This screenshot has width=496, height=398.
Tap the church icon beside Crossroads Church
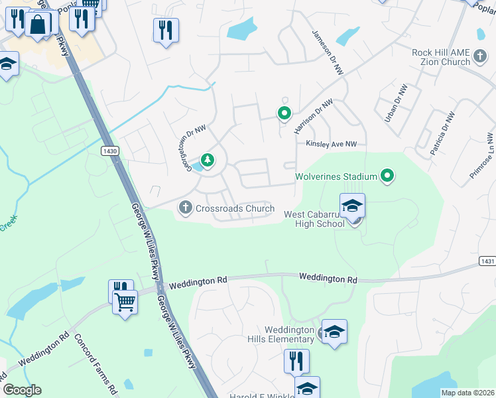[186, 208]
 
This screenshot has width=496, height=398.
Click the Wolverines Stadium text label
[336, 177]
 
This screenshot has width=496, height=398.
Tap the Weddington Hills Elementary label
[289, 334]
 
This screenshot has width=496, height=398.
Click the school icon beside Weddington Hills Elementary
[334, 332]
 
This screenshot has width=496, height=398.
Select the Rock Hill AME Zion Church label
[440, 57]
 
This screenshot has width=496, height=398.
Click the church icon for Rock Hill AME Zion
[481, 62]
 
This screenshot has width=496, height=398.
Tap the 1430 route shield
[110, 151]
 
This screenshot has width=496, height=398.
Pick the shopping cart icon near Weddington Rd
[124, 302]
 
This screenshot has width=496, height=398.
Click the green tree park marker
[208, 159]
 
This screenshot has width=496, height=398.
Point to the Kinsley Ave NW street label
[331, 144]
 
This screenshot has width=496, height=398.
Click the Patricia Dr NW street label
[442, 133]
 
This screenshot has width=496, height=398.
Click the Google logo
[22, 390]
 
